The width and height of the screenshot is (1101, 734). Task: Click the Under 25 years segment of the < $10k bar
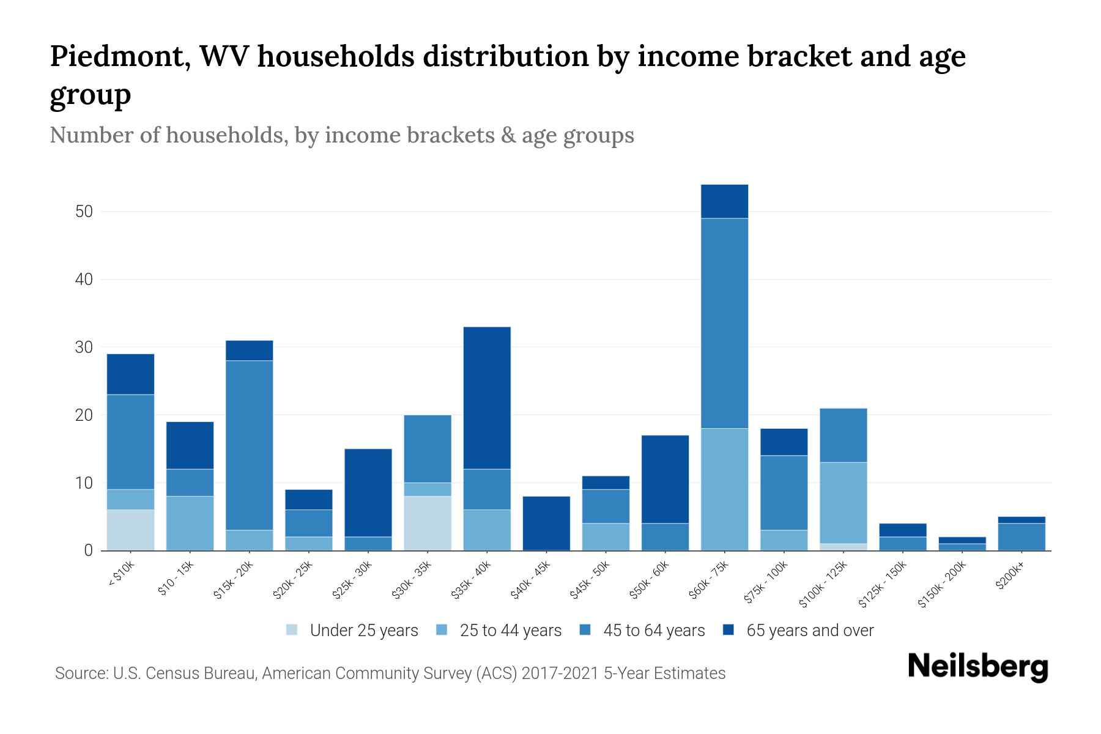tap(130, 530)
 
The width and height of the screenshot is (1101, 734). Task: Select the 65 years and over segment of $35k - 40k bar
tap(487, 398)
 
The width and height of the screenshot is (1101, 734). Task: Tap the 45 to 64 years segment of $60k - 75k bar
tap(724, 323)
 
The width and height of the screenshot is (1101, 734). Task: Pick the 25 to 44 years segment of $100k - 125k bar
tap(843, 503)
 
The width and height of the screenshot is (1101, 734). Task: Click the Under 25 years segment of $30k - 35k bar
tap(428, 523)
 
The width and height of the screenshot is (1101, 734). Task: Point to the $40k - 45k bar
tap(546, 523)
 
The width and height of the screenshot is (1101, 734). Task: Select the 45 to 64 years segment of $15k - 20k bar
tap(249, 445)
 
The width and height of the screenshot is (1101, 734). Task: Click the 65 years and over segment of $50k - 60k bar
tap(665, 479)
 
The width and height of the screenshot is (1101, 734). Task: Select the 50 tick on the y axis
tap(84, 212)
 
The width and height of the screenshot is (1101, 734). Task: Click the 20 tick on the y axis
tap(84, 415)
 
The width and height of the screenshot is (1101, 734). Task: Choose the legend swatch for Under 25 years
tap(292, 630)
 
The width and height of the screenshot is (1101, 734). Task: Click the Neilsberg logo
tap(977, 667)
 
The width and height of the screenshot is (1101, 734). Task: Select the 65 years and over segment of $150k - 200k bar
tap(962, 540)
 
